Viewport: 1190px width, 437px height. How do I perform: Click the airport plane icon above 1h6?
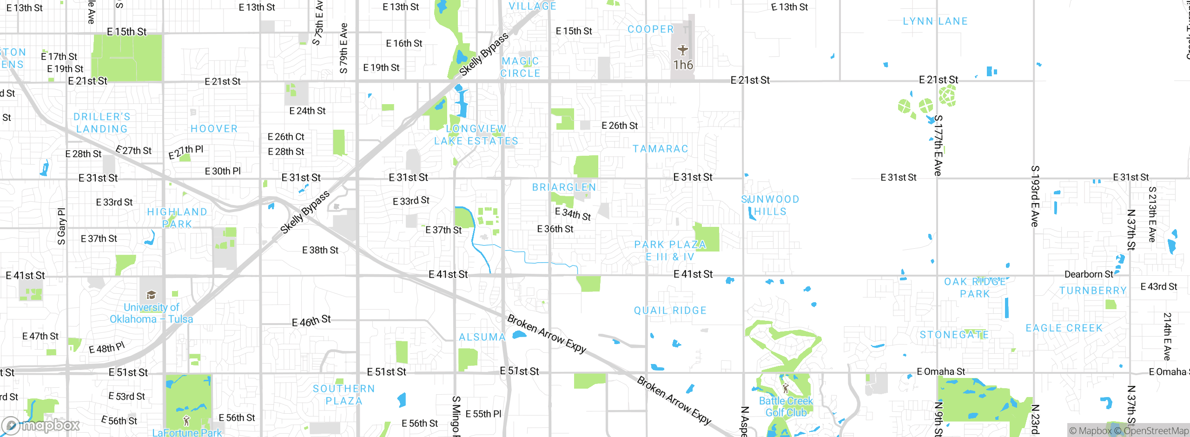coord(682,50)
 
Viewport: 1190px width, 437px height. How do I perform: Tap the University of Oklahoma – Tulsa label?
coord(151,313)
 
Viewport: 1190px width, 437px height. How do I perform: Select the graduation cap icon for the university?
coord(151,295)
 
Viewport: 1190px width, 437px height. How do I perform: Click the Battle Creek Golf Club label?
coord(786,406)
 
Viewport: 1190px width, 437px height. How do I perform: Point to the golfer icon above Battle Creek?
coord(786,388)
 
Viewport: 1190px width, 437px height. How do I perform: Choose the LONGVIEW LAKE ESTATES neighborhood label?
coord(476,135)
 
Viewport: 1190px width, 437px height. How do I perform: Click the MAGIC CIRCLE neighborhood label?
coord(520,67)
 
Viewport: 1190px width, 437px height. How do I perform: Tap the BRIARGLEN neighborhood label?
coord(564,187)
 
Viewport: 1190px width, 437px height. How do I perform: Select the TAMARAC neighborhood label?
coord(660,149)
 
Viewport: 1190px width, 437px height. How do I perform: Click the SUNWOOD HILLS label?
coord(770,205)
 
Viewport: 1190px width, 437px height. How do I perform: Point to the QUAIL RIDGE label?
coord(670,311)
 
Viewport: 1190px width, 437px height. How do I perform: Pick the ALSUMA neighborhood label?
coord(482,337)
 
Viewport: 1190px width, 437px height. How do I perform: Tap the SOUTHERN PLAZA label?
coord(344,395)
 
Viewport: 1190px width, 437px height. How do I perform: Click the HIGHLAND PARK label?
coord(177,218)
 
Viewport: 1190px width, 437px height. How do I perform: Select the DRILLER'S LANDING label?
coord(102,123)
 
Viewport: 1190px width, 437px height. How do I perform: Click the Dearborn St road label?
coord(1089,274)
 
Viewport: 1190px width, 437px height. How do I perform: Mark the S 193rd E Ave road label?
coord(1035,196)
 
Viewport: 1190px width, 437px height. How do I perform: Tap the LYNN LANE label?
coord(935,21)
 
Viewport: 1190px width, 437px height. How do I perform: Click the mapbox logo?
coord(41,425)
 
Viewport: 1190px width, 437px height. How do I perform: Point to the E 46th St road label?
coord(311,321)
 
